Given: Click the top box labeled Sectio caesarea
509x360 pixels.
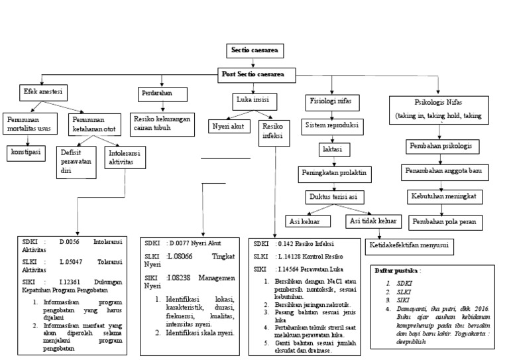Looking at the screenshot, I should (254, 50).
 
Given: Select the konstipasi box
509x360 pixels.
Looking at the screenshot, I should (26, 152).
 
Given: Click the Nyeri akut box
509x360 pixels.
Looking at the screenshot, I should (228, 125).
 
